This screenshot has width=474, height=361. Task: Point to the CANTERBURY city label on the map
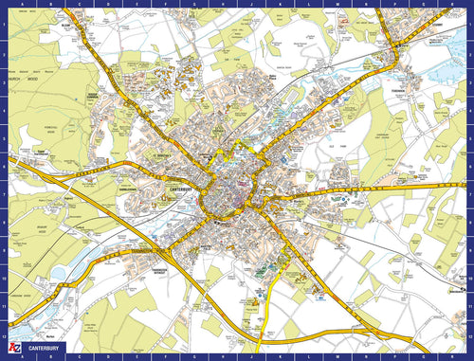182,189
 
